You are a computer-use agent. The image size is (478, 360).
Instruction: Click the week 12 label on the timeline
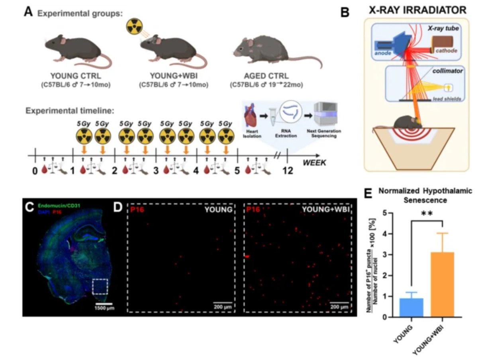pyautogui.click(x=288, y=171)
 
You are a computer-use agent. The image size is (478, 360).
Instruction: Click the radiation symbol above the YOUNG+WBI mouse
pyautogui.click(x=134, y=27)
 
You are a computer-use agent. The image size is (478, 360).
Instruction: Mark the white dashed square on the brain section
pyautogui.click(x=100, y=286)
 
